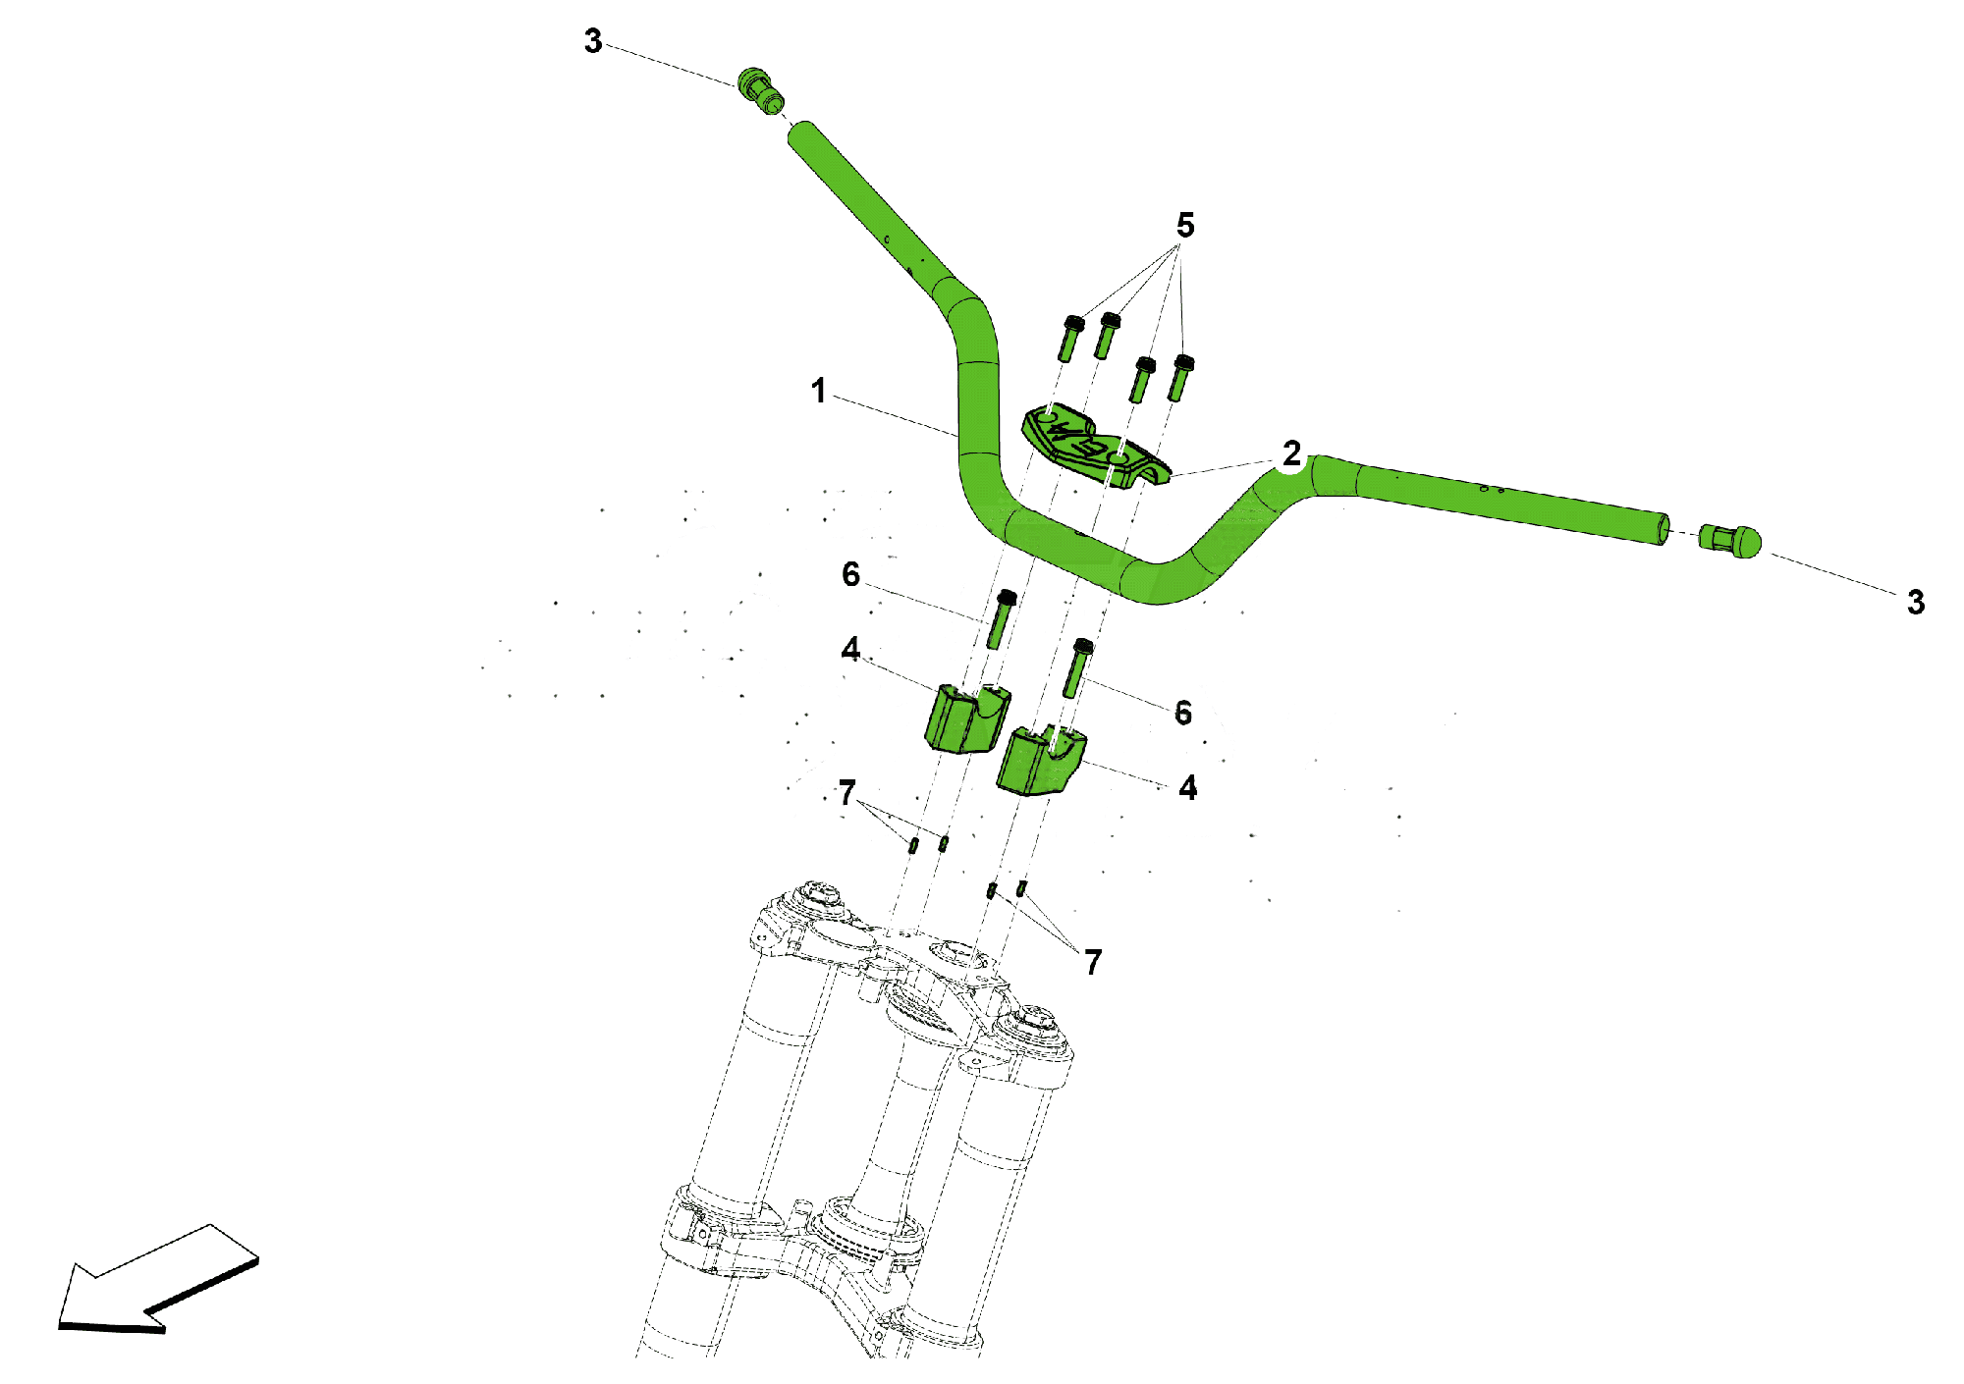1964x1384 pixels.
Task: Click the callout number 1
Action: (818, 391)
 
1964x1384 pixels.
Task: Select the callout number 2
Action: (1291, 453)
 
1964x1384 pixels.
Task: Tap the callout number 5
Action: (1185, 226)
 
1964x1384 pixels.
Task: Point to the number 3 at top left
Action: (593, 41)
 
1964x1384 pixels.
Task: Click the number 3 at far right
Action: (1916, 603)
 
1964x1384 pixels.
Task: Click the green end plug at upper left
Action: (761, 91)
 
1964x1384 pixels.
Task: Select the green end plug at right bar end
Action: (1729, 541)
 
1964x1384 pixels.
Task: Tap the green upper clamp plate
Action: (1095, 448)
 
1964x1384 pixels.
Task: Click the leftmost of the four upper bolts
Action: (1069, 337)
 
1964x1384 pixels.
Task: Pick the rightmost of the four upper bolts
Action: (1179, 378)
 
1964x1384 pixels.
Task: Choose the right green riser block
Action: (1041, 760)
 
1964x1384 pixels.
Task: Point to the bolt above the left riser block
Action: (1001, 619)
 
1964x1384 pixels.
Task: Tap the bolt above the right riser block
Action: (1077, 668)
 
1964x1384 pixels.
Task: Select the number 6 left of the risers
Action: (850, 575)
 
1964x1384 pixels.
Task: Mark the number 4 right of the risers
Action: (1188, 788)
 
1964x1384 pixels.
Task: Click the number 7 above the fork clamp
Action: (847, 792)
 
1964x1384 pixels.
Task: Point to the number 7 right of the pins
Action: (1093, 962)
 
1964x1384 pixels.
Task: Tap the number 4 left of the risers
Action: (850, 650)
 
